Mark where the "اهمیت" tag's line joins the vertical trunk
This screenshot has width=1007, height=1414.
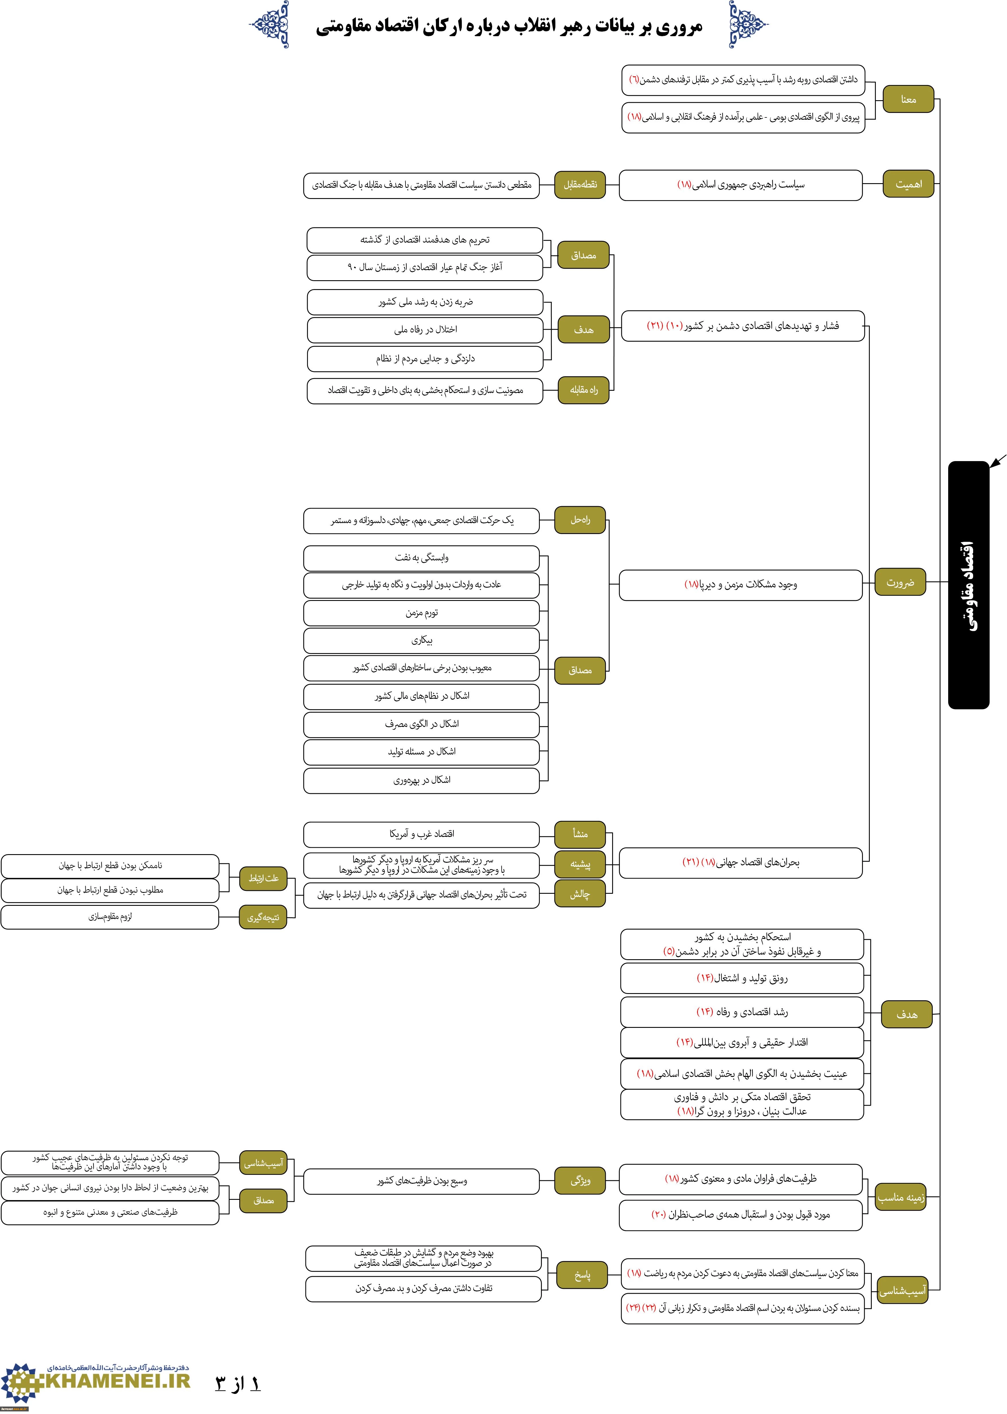pos(939,184)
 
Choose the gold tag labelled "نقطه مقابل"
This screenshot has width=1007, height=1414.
pos(580,185)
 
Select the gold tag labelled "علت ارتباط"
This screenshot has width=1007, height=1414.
pos(263,878)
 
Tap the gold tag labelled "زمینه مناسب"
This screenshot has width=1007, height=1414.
pos(901,1197)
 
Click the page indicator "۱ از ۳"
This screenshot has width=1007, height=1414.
pos(238,1384)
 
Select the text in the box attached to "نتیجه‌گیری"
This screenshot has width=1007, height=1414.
pos(110,917)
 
